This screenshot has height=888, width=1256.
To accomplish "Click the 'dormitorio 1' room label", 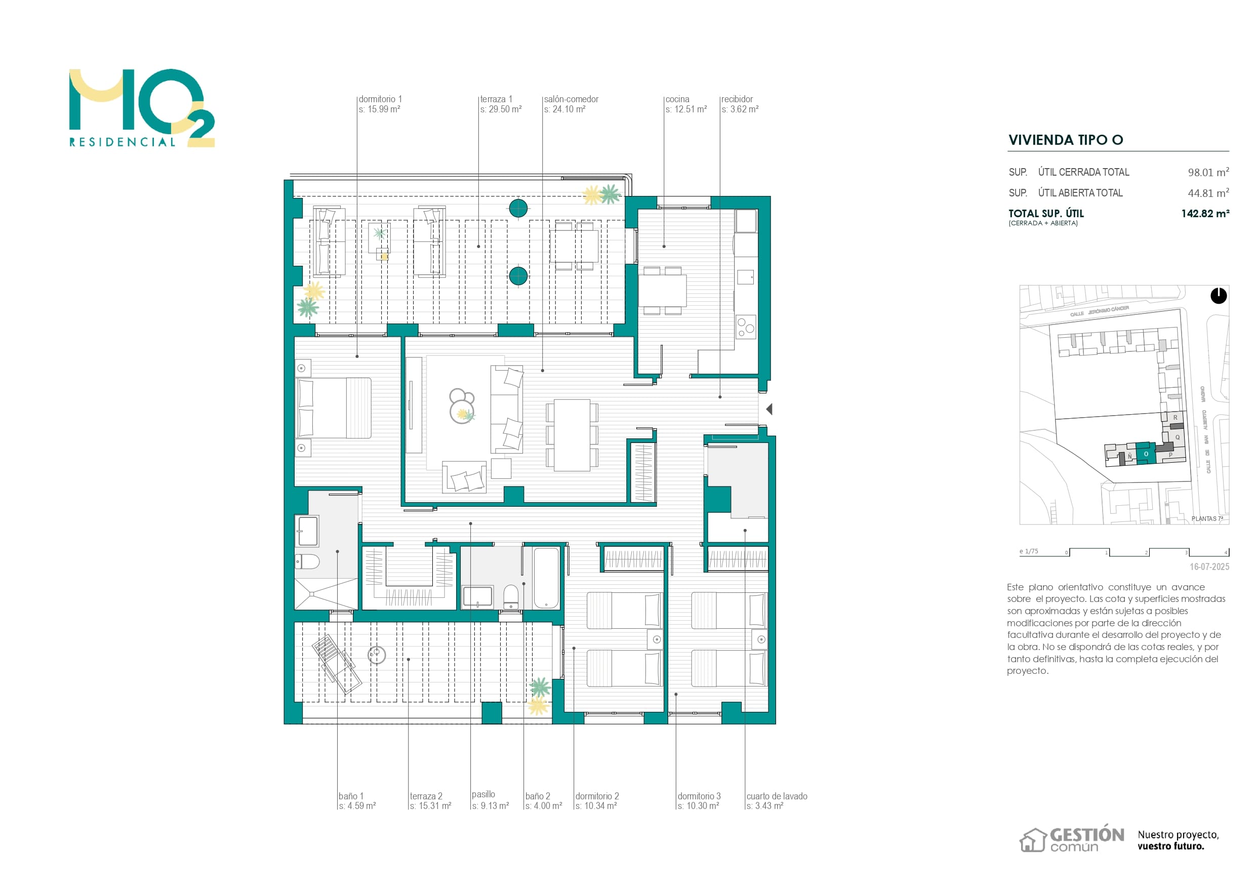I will (380, 99).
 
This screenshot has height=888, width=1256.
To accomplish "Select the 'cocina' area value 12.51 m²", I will (686, 109).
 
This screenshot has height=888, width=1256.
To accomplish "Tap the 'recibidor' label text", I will (737, 99).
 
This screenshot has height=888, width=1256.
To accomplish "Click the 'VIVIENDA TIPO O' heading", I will (1066, 140).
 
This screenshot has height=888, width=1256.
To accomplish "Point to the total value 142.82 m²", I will (1205, 213).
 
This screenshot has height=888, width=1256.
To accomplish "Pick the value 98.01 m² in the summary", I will (1208, 172).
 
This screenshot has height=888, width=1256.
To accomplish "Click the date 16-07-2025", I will (1209, 567).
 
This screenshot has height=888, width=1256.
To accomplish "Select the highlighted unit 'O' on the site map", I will (1146, 454).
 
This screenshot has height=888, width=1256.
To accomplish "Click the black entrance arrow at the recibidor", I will (769, 409).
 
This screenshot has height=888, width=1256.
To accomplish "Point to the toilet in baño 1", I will (307, 561).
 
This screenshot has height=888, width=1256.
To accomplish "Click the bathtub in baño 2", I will (546, 578).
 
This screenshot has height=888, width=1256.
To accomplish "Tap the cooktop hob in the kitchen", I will (746, 327).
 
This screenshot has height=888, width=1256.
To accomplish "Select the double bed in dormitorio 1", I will (333, 408).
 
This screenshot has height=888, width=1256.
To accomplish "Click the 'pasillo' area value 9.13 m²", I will (490, 806).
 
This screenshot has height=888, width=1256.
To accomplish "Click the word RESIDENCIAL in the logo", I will (123, 142).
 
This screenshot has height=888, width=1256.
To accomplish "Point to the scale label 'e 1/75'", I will (1028, 551).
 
